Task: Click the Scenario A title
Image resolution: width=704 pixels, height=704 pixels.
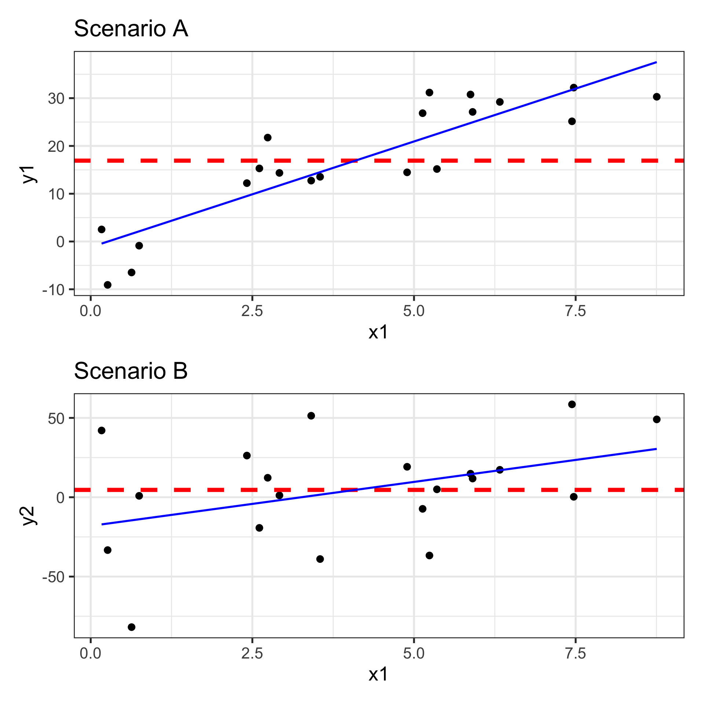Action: tap(131, 29)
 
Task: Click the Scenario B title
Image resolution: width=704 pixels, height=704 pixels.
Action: tap(131, 371)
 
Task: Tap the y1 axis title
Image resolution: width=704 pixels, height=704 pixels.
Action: tap(29, 174)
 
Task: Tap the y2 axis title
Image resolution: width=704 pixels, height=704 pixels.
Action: tap(29, 516)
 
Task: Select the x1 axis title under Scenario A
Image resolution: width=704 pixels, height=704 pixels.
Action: tap(378, 332)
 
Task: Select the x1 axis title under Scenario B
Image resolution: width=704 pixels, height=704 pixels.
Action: tap(378, 674)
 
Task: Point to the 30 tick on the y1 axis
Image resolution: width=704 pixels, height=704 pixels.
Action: tap(56, 99)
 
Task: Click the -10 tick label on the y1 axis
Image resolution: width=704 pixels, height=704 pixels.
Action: tap(53, 290)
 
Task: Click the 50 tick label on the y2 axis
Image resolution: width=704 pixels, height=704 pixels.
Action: tap(56, 419)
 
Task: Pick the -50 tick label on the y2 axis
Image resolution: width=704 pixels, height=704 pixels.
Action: tap(53, 577)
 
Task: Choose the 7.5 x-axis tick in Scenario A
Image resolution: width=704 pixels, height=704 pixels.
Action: tap(575, 312)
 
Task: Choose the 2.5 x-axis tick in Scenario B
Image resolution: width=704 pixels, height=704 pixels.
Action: tap(252, 654)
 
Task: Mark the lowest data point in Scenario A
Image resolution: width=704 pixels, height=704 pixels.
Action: tap(107, 285)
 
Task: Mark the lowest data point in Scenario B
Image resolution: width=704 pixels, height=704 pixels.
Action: tap(132, 627)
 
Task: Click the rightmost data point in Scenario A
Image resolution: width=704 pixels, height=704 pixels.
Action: tap(657, 97)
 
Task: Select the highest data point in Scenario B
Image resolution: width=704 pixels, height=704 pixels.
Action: tap(572, 404)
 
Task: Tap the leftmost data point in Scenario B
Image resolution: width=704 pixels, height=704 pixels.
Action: tap(102, 430)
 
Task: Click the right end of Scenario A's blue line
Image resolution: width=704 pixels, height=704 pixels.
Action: tap(656, 62)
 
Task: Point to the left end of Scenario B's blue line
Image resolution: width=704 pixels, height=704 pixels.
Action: tap(102, 524)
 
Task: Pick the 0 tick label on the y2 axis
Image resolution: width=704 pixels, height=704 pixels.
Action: tap(60, 498)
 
